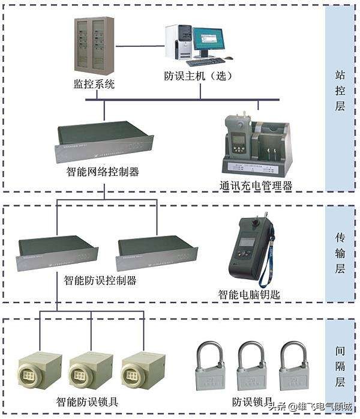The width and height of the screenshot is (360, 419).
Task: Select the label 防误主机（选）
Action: [x=199, y=76]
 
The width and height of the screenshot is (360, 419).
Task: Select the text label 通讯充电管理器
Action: [x=256, y=185]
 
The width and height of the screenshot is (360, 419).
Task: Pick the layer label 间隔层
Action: [x=340, y=364]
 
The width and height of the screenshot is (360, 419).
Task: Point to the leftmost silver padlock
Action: [x=210, y=366]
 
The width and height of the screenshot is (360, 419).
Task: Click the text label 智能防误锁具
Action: [x=88, y=400]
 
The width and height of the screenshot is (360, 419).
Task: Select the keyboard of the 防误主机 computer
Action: [x=205, y=61]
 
